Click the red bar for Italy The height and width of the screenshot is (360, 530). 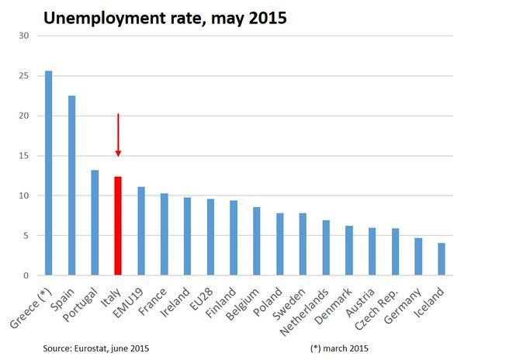click(118, 226)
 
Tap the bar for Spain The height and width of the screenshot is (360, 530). click(71, 185)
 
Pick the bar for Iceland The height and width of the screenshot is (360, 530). click(442, 259)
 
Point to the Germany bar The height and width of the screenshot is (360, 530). click(418, 257)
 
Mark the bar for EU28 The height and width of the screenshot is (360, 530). click(210, 237)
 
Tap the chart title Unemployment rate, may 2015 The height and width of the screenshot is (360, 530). click(165, 17)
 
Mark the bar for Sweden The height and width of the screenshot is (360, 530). click(303, 244)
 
